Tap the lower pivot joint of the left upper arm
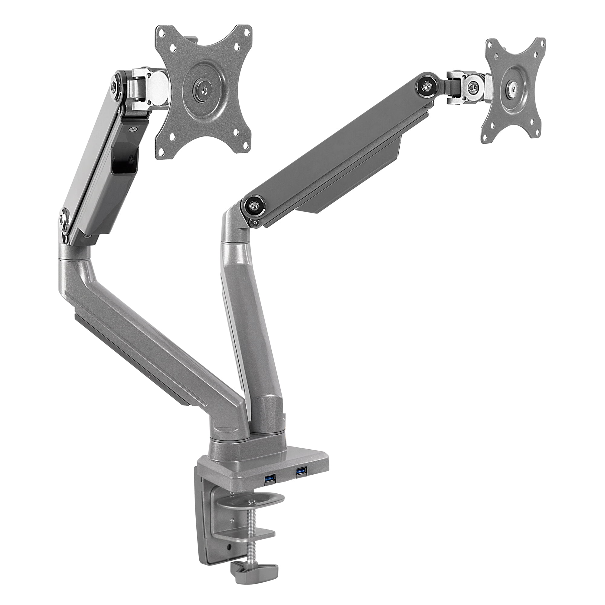pos(65,220)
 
